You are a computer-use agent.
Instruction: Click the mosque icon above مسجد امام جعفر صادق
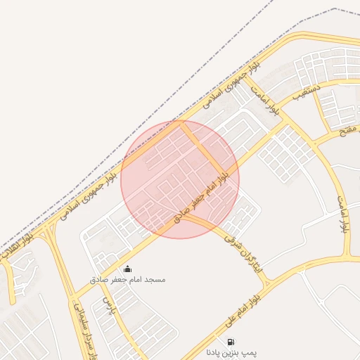(x=127, y=268)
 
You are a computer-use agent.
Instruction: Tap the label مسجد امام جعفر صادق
(x=127, y=279)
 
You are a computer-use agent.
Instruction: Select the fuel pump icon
(x=231, y=342)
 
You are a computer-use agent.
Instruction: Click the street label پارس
(x=108, y=304)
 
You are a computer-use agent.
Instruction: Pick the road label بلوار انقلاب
(x=17, y=248)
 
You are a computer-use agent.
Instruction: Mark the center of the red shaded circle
(x=180, y=179)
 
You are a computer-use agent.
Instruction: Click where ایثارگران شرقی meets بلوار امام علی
(x=268, y=284)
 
